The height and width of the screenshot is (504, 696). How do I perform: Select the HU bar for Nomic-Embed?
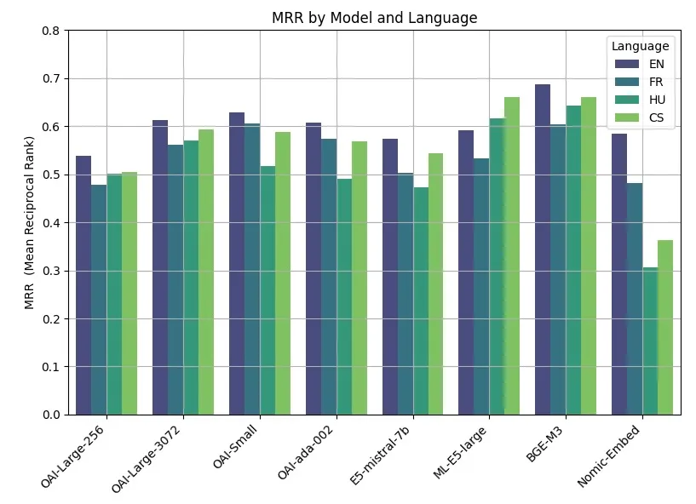650,341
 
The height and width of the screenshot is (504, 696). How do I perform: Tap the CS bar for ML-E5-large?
512,255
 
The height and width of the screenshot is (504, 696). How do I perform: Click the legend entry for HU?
656,100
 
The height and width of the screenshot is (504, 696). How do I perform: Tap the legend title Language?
639,46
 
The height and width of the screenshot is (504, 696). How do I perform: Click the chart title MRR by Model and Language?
374,17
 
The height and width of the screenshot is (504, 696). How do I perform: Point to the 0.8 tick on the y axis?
51,31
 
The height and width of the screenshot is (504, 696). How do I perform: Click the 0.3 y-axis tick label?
51,271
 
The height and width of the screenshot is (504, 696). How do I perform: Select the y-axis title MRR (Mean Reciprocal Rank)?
29,223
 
